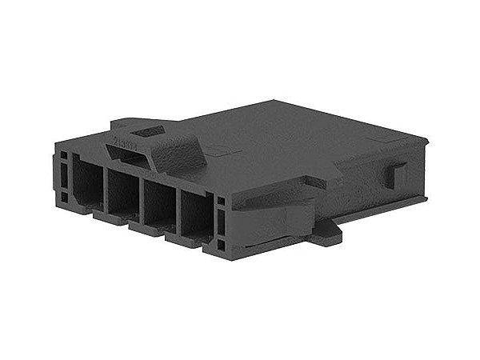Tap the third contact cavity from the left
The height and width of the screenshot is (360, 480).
click(158, 206)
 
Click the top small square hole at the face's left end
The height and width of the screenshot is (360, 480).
click(62, 154)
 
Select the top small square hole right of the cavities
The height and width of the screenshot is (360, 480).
click(222, 200)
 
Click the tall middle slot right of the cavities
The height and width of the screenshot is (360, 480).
click(222, 220)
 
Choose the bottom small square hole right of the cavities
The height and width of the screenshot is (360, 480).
click(222, 243)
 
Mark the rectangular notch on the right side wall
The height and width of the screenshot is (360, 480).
click(397, 174)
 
